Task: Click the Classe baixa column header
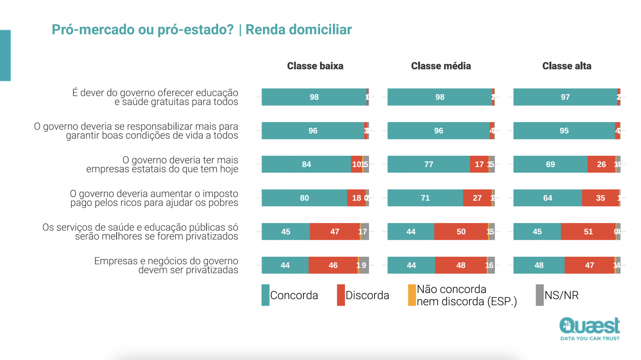click(x=315, y=66)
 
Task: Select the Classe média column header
click(x=441, y=66)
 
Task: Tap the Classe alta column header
click(x=566, y=66)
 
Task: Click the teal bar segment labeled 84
click(x=306, y=164)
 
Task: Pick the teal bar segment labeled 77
click(x=428, y=164)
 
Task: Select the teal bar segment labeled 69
click(x=550, y=164)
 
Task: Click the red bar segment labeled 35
click(x=600, y=198)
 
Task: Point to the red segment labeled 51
click(x=588, y=231)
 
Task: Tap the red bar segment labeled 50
click(x=461, y=231)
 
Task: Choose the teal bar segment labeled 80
click(x=304, y=198)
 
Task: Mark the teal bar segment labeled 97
click(x=565, y=97)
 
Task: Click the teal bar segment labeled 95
click(x=564, y=131)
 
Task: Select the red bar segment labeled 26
click(x=601, y=164)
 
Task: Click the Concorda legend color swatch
click(x=265, y=295)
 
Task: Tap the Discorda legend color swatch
click(x=341, y=295)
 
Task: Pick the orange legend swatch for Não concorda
click(x=412, y=295)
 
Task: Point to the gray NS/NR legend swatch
click(x=540, y=295)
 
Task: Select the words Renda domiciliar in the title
click(x=298, y=30)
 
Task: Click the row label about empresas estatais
click(x=162, y=165)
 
